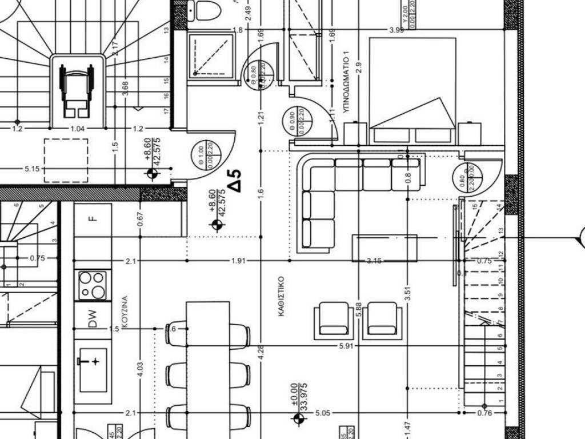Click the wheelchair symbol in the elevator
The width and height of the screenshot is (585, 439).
point(77,89)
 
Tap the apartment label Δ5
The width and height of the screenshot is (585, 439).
point(235,180)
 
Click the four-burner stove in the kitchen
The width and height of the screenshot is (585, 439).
point(92,284)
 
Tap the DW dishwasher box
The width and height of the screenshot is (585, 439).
point(91,318)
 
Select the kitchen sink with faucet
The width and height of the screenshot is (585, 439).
point(93,369)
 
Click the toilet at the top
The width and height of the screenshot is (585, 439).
point(202,10)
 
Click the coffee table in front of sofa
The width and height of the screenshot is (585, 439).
point(384,248)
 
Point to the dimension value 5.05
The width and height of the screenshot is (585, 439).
point(323,413)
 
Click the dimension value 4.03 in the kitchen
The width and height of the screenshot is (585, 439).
point(141,369)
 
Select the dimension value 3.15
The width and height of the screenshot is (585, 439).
point(374,261)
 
